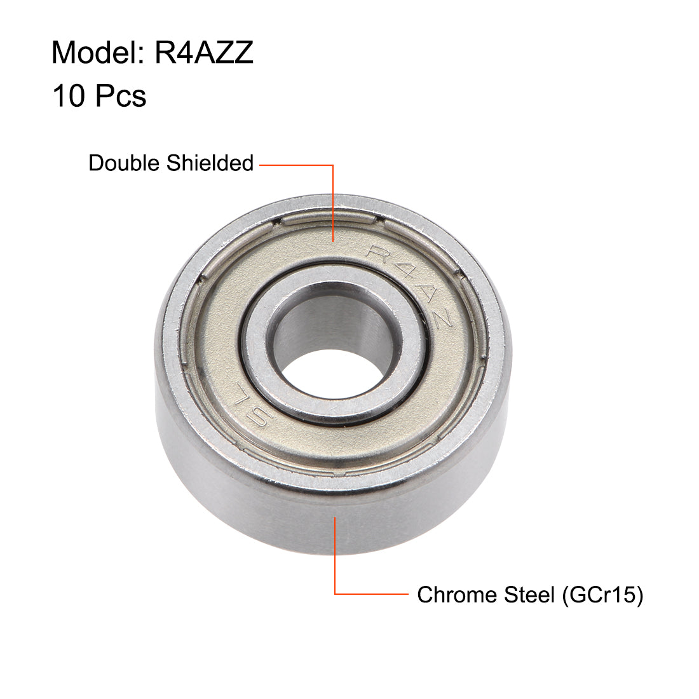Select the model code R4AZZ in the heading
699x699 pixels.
point(204,52)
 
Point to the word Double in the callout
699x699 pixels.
point(125,163)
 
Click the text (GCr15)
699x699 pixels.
point(602,595)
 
